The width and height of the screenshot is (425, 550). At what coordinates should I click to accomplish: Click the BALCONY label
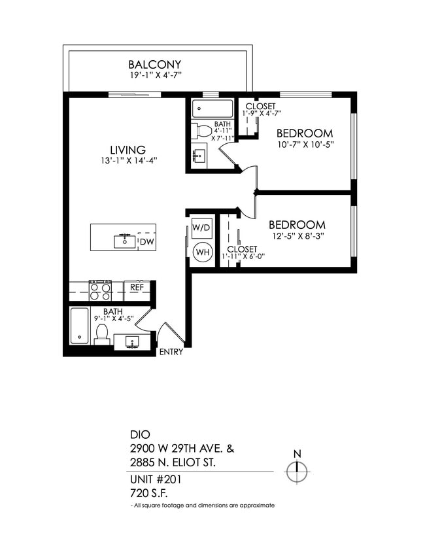coord(154,64)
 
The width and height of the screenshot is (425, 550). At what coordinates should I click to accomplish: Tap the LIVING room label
coord(127,150)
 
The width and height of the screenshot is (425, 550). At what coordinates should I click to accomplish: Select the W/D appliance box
coord(201,228)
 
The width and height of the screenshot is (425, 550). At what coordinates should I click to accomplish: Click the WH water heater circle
coord(202,251)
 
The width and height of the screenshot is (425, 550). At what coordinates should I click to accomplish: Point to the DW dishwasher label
coord(147,243)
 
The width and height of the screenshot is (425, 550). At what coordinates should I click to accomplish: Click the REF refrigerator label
coord(137,287)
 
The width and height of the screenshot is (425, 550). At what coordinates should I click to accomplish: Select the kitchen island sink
coord(124,241)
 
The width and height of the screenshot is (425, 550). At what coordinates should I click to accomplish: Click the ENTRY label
coord(171,352)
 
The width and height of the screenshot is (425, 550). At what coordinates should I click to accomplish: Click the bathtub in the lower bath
coord(80,326)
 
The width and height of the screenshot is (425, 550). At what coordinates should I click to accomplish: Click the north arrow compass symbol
coord(297,470)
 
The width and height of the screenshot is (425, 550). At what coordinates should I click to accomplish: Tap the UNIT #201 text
coord(155,479)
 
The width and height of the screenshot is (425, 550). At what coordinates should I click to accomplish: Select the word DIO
coord(140,434)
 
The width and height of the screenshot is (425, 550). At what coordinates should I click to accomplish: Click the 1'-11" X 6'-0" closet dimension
coord(242,256)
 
